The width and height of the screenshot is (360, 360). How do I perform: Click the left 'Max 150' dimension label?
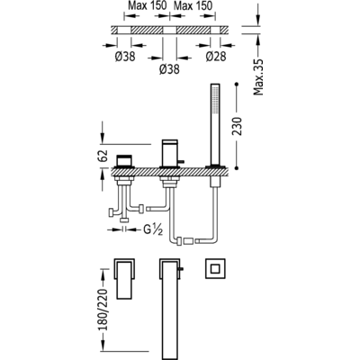(147, 5)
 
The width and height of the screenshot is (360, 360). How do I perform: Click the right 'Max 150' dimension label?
(193, 5)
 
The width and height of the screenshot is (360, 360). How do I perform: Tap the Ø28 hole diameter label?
(216, 56)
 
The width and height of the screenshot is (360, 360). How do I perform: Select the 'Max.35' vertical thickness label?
(258, 77)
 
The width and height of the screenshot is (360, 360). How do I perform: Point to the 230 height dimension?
(237, 126)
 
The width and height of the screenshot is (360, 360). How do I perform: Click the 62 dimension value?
(103, 156)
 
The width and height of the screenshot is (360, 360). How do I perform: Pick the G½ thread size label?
(153, 229)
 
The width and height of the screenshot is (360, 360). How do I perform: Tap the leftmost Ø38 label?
(125, 56)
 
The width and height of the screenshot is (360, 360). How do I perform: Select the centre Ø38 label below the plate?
(169, 69)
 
